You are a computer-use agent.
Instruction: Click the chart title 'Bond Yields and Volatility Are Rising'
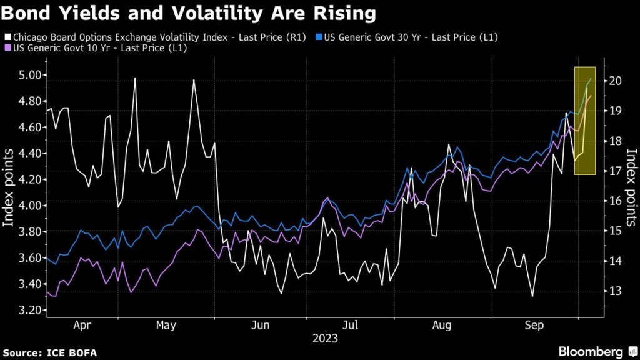189,13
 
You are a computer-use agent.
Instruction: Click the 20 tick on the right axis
615,81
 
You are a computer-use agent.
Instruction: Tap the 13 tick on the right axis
615,291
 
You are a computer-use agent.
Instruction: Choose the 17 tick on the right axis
615,171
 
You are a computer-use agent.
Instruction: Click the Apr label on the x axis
82,326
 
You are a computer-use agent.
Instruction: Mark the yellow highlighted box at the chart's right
584,120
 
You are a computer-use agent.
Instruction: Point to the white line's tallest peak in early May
134,79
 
